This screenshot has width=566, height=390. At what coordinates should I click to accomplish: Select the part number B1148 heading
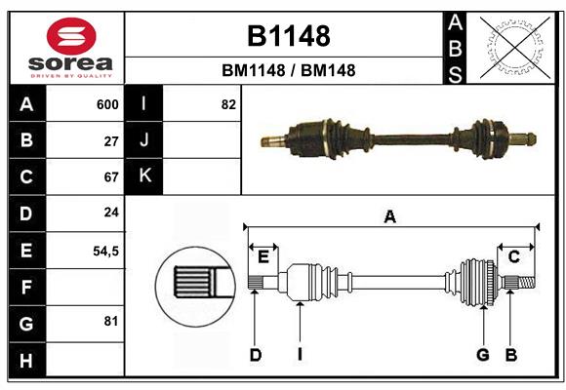pos(288,36)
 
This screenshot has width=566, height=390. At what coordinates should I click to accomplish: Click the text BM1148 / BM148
pos(288,70)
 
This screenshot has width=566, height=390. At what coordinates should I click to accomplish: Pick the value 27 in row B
pos(111,140)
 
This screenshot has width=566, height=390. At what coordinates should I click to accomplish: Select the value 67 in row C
pos(111,177)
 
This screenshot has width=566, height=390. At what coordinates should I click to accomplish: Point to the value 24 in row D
pos(111,214)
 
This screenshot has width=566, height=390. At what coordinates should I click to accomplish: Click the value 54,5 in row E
pos(105,251)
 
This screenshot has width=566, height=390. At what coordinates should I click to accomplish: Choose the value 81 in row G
pos(111,321)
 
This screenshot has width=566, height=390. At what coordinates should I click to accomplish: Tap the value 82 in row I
pos(228,104)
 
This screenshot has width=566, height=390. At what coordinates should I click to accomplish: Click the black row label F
pos(26,288)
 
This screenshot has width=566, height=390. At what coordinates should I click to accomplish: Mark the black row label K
pos(144,176)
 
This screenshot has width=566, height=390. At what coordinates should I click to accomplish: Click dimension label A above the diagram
pos(389,217)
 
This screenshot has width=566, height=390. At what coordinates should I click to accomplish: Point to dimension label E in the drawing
pos(263,256)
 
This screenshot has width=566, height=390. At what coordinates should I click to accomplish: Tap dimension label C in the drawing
pos(513,256)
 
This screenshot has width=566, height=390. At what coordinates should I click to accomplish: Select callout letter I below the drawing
pos(300,355)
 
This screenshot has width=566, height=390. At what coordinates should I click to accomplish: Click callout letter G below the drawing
pos(482,355)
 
